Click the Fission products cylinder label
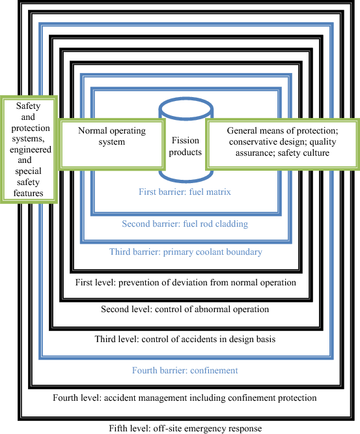(x=186, y=146)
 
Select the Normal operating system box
(x=111, y=143)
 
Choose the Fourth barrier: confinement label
(x=185, y=370)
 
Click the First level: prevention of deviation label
(x=186, y=282)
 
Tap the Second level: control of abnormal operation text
(x=185, y=309)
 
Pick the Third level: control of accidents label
(x=186, y=339)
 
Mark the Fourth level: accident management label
(x=184, y=398)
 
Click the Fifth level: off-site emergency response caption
(x=185, y=428)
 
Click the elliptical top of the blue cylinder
(x=186, y=108)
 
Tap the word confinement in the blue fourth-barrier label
(x=214, y=370)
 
